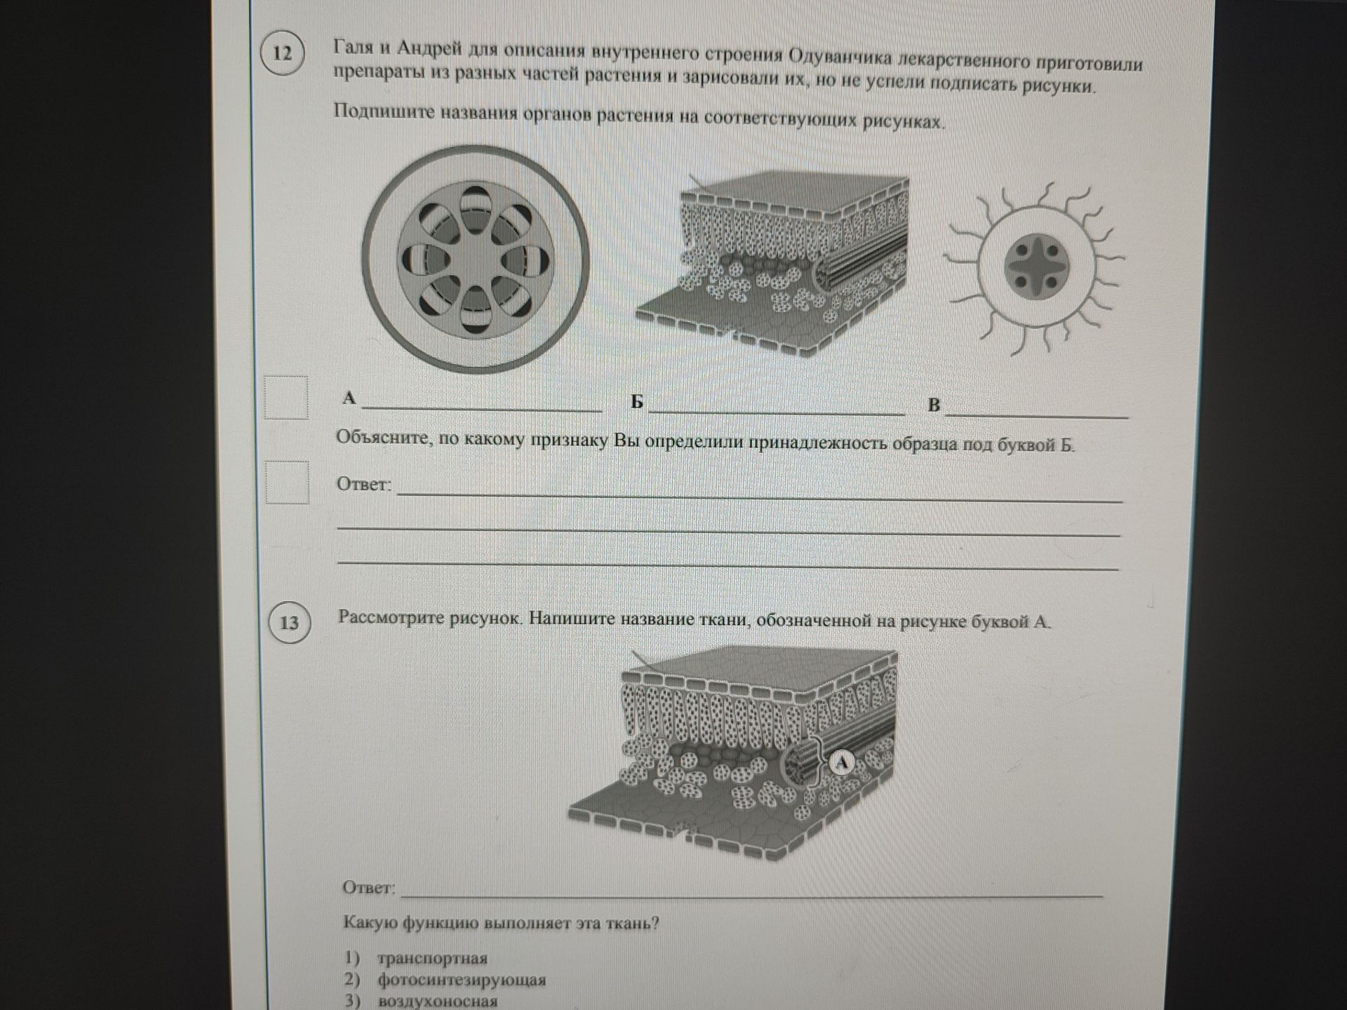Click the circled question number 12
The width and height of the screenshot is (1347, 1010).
[282, 53]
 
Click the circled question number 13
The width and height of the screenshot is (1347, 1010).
[289, 622]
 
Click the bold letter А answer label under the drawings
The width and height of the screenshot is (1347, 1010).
[349, 398]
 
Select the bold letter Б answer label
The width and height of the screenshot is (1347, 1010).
[636, 402]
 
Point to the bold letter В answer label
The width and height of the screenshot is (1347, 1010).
[934, 405]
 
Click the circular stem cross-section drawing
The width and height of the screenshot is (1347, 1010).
[475, 258]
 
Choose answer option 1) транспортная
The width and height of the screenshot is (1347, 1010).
[415, 958]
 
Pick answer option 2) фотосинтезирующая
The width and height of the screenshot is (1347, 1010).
[445, 980]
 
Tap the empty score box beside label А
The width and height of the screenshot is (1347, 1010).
[286, 398]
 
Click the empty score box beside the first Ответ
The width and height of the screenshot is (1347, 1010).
[287, 483]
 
